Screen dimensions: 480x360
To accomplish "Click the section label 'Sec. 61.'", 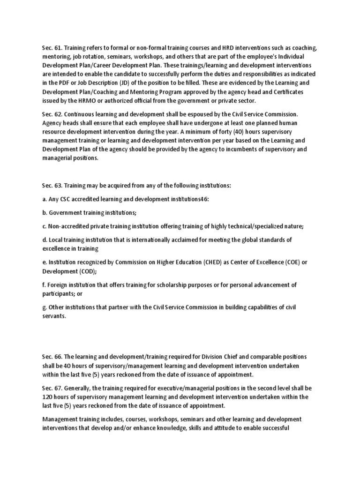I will [x=51, y=47].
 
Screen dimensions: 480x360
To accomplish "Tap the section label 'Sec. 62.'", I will [x=51, y=114].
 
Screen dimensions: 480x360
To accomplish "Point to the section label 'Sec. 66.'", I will [x=51, y=357].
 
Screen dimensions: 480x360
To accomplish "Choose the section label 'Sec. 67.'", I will [x=51, y=388].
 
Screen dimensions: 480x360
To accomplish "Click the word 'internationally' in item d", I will [x=167, y=240].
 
